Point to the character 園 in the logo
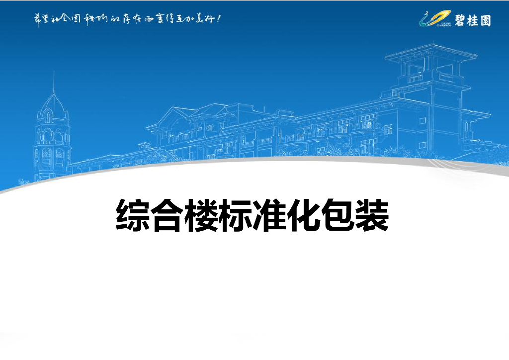coord(485,20)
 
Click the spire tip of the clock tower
coord(53,75)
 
